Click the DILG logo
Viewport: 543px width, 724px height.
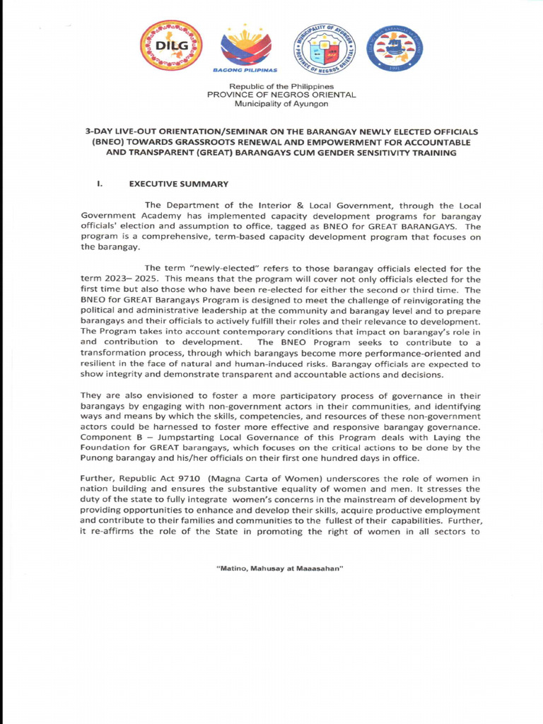click(170, 45)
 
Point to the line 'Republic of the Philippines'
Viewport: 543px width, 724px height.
click(281, 86)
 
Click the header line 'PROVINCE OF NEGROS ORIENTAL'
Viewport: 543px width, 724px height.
click(281, 95)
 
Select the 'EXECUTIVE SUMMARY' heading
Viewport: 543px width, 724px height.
click(178, 185)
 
